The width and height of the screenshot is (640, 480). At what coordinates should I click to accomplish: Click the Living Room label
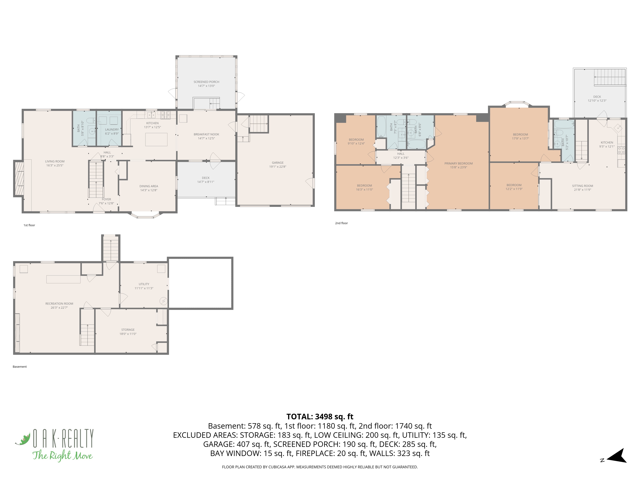click(55, 161)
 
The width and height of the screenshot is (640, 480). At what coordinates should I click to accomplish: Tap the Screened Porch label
click(206, 82)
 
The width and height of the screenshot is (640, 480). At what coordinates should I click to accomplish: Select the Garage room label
click(277, 163)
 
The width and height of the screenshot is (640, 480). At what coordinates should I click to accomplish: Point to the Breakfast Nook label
click(206, 134)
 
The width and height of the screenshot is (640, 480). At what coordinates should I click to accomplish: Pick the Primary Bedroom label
click(459, 164)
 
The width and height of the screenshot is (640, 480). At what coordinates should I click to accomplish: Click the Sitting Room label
click(582, 186)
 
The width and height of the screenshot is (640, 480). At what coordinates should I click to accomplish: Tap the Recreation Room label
click(59, 304)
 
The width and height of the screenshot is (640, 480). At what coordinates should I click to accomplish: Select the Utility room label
click(144, 284)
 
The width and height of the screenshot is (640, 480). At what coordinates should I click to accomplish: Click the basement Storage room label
click(128, 330)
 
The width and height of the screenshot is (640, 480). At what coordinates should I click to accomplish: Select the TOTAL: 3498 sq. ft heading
click(320, 417)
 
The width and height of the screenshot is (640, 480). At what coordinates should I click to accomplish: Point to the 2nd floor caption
click(341, 223)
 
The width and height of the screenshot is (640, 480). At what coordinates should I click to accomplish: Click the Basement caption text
click(20, 367)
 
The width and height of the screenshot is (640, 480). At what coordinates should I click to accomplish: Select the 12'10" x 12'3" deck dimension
click(597, 101)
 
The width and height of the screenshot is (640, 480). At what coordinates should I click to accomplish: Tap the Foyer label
click(106, 199)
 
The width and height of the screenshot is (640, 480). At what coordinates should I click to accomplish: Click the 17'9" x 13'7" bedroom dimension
click(520, 138)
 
